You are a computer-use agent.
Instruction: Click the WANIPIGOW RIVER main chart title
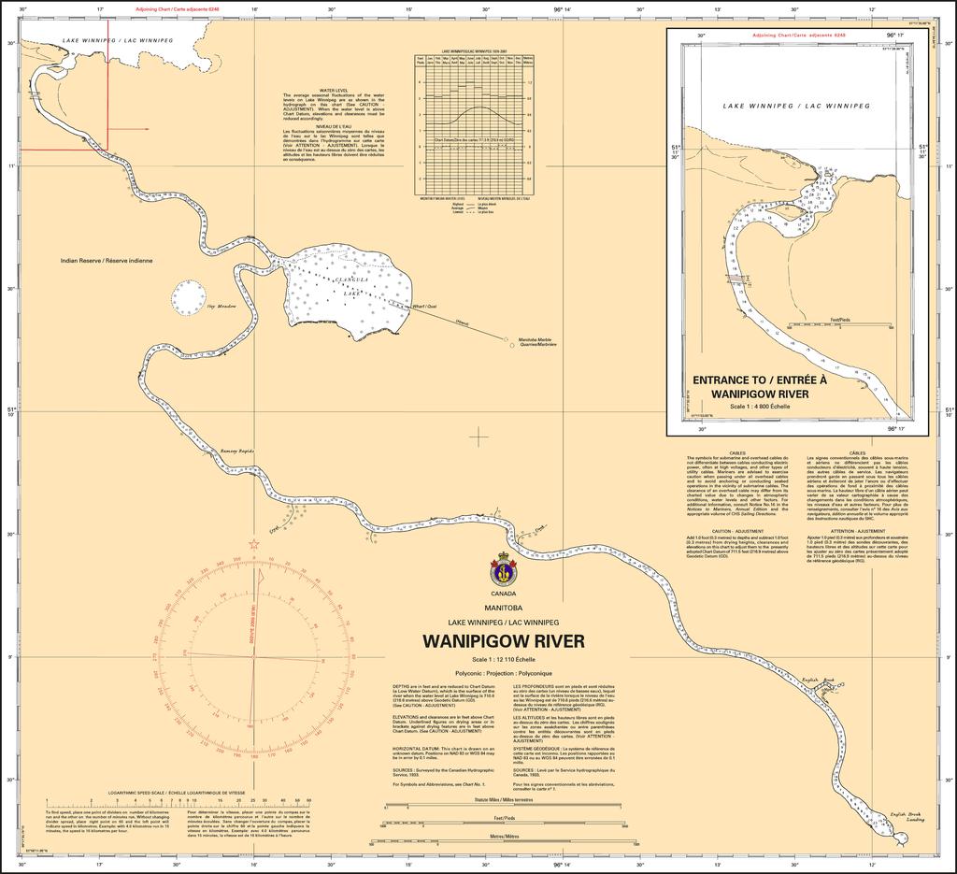tap(504, 641)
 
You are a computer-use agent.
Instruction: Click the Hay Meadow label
tap(221, 306)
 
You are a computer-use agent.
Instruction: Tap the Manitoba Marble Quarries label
tap(538, 342)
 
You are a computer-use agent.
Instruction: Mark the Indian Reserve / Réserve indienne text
tap(106, 261)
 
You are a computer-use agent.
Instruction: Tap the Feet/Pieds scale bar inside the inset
tap(840, 323)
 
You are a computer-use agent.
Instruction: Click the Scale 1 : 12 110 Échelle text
tap(503, 660)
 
